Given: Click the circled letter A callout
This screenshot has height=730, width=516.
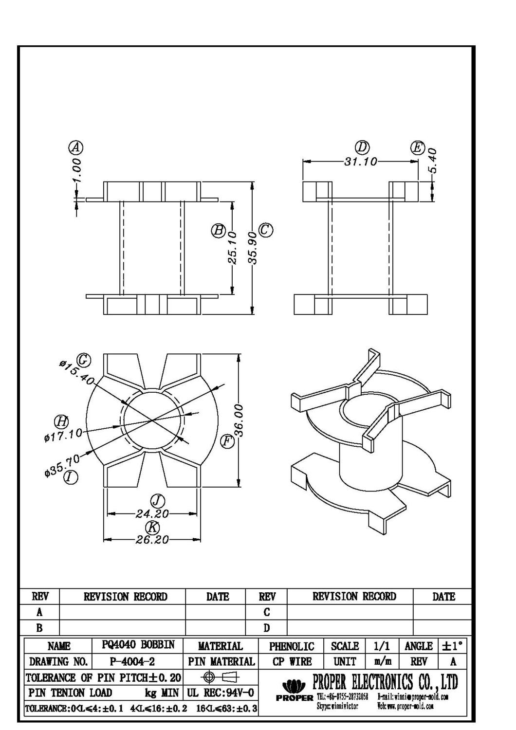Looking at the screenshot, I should click(75, 147).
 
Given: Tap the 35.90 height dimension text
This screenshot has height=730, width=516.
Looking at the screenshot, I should click(253, 248).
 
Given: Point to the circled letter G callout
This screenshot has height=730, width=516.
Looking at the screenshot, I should click(84, 360).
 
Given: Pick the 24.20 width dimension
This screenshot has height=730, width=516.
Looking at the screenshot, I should click(152, 513).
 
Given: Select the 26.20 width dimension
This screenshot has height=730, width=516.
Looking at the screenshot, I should click(152, 540).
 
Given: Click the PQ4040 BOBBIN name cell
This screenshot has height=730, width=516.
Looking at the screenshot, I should click(138, 645).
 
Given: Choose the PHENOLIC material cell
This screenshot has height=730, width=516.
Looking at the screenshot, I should click(292, 646).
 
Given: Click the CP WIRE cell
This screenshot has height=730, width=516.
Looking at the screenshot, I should click(292, 662).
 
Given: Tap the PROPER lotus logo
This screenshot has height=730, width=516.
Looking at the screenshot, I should click(294, 686).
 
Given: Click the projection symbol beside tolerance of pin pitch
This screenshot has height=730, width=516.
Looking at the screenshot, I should click(221, 677).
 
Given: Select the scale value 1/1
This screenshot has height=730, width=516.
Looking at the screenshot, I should click(382, 646).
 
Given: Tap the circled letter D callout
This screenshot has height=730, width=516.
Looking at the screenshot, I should click(361, 147).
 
